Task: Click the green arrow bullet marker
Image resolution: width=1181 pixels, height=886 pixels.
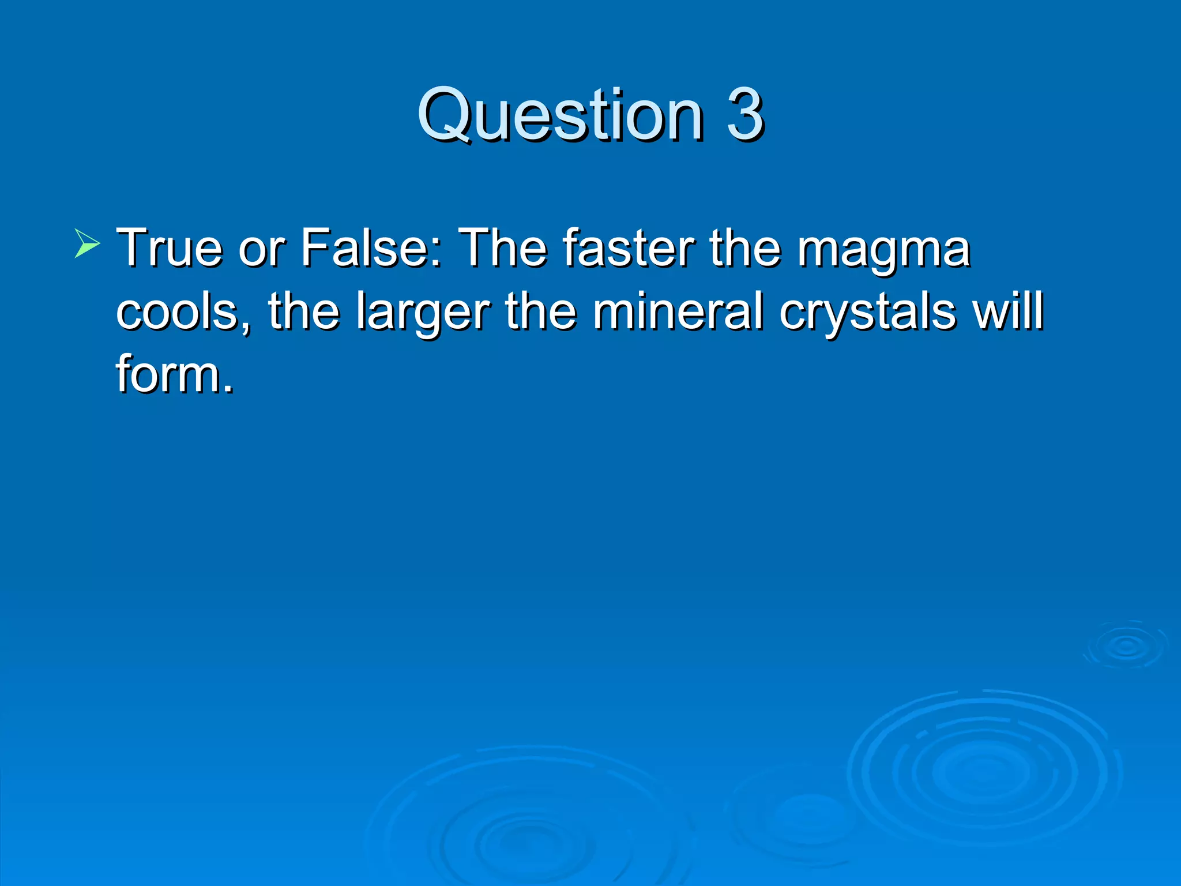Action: tap(87, 242)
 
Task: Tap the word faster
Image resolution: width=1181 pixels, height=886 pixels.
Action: tap(629, 248)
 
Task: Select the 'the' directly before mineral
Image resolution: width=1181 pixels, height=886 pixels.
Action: tap(540, 311)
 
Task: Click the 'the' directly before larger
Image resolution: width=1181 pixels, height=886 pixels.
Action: tap(303, 311)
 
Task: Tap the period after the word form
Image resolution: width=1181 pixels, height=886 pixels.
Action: tap(228, 389)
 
